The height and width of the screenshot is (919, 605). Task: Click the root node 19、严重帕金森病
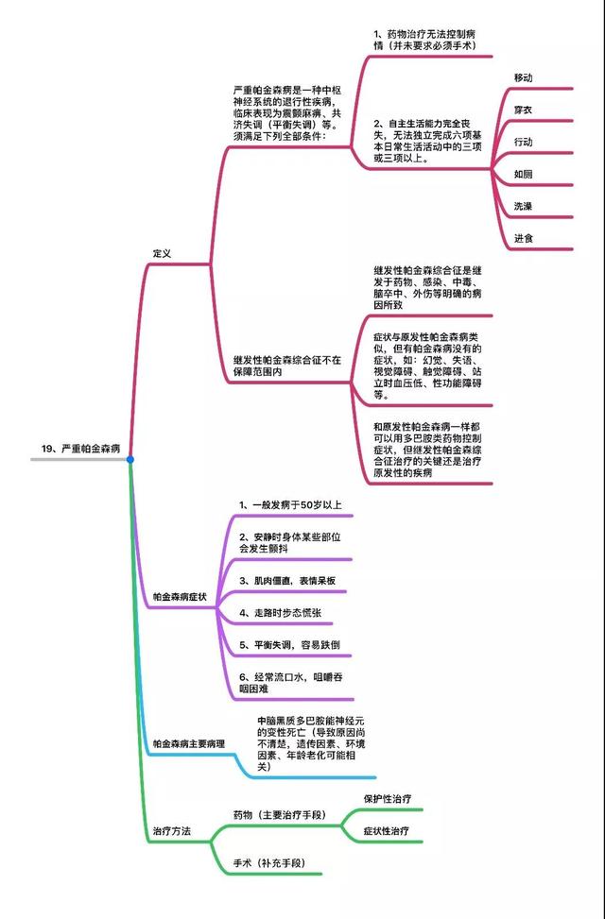pyautogui.click(x=80, y=449)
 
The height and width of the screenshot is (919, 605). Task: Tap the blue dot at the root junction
pyautogui.click(x=130, y=459)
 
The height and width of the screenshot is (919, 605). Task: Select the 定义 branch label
pyautogui.click(x=163, y=254)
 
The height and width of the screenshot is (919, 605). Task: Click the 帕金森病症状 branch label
pyautogui.click(x=180, y=597)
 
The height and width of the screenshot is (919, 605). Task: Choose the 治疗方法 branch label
pyautogui.click(x=172, y=831)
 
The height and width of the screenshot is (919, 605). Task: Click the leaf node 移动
pyautogui.click(x=524, y=77)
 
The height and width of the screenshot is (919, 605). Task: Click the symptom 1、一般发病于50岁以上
pyautogui.click(x=289, y=504)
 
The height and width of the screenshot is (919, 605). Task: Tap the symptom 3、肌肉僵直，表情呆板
pyautogui.click(x=287, y=580)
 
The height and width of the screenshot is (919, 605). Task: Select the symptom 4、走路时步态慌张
pyautogui.click(x=279, y=613)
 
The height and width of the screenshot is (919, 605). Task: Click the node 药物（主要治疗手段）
pyautogui.click(x=279, y=814)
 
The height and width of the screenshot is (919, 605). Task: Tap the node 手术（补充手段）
pyautogui.click(x=269, y=863)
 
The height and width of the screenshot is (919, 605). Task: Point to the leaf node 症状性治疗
pyautogui.click(x=387, y=831)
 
